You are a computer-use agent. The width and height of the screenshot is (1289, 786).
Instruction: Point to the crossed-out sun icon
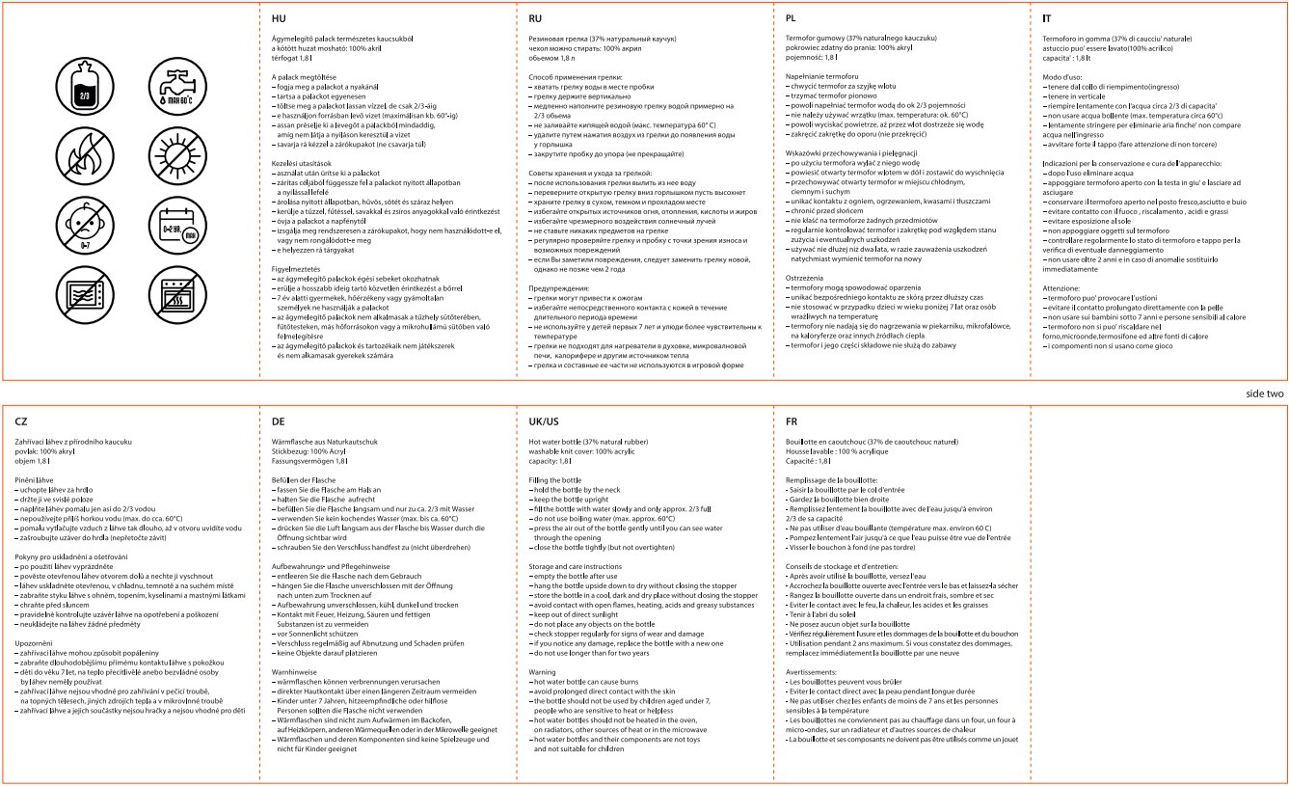click(x=174, y=155)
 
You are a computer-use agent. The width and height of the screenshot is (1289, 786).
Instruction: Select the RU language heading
click(x=536, y=18)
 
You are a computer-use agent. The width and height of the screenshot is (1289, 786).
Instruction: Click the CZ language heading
click(x=22, y=421)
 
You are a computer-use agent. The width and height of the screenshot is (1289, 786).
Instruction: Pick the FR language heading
click(x=792, y=421)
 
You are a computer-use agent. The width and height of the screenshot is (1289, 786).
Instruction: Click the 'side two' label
click(x=1264, y=393)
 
